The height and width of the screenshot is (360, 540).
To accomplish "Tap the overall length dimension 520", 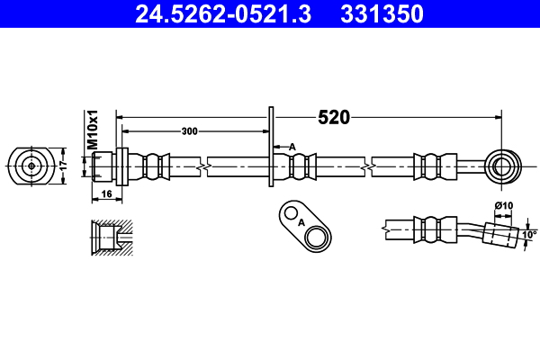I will coord(333,117).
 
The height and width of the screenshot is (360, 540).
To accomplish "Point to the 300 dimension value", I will coord(189,131).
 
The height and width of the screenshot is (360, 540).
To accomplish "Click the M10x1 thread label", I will coord(92,131).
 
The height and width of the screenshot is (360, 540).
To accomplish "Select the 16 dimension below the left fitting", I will coord(105,194).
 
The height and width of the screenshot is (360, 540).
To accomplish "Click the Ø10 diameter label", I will coord(504,206).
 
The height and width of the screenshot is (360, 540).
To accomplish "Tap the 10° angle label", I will coord(529,236).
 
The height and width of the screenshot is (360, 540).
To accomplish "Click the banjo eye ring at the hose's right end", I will coord(501,166).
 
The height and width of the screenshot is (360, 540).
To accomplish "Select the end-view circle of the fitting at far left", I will coord(32,166).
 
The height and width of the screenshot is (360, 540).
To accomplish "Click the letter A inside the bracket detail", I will coord(301,221).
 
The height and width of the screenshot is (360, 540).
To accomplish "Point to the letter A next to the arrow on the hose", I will coord(292,147).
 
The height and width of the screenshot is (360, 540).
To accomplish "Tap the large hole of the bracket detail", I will coord(317,238).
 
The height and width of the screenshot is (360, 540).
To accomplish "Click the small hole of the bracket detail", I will coord(289,212).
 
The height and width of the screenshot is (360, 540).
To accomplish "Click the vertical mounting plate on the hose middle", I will coord(270,148).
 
